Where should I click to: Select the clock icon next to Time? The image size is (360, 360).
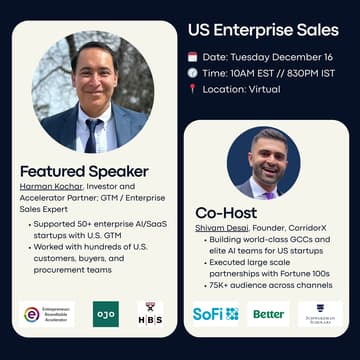pos(192,72)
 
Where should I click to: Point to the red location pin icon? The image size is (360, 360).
pos(192,90)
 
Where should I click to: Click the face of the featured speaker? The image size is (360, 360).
pos(92,75)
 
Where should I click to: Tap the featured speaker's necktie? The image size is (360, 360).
pos(92,132)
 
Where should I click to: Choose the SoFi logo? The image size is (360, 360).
pos(215,313)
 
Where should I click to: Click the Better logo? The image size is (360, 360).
pos(268,313)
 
